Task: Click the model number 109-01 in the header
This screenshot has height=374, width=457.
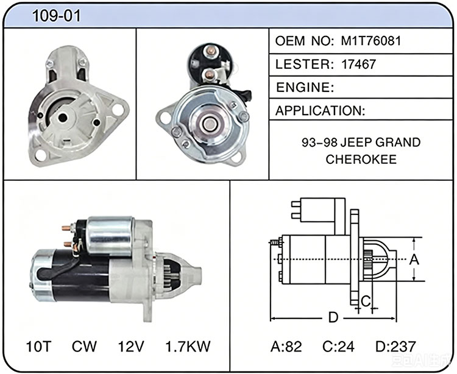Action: coord(56,16)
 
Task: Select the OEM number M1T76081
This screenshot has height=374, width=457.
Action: coord(371,41)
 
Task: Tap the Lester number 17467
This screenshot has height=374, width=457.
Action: coord(358,65)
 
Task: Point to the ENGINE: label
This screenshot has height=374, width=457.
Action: coord(305,87)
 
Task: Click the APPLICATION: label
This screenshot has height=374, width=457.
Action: coord(320,111)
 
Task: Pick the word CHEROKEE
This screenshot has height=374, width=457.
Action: coord(361,160)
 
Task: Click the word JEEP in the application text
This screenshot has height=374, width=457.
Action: coord(356,143)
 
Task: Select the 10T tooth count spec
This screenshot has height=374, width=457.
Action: coord(38,347)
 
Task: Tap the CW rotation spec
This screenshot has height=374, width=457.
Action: coord(84,347)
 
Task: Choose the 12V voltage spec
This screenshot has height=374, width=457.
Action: coord(131,347)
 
